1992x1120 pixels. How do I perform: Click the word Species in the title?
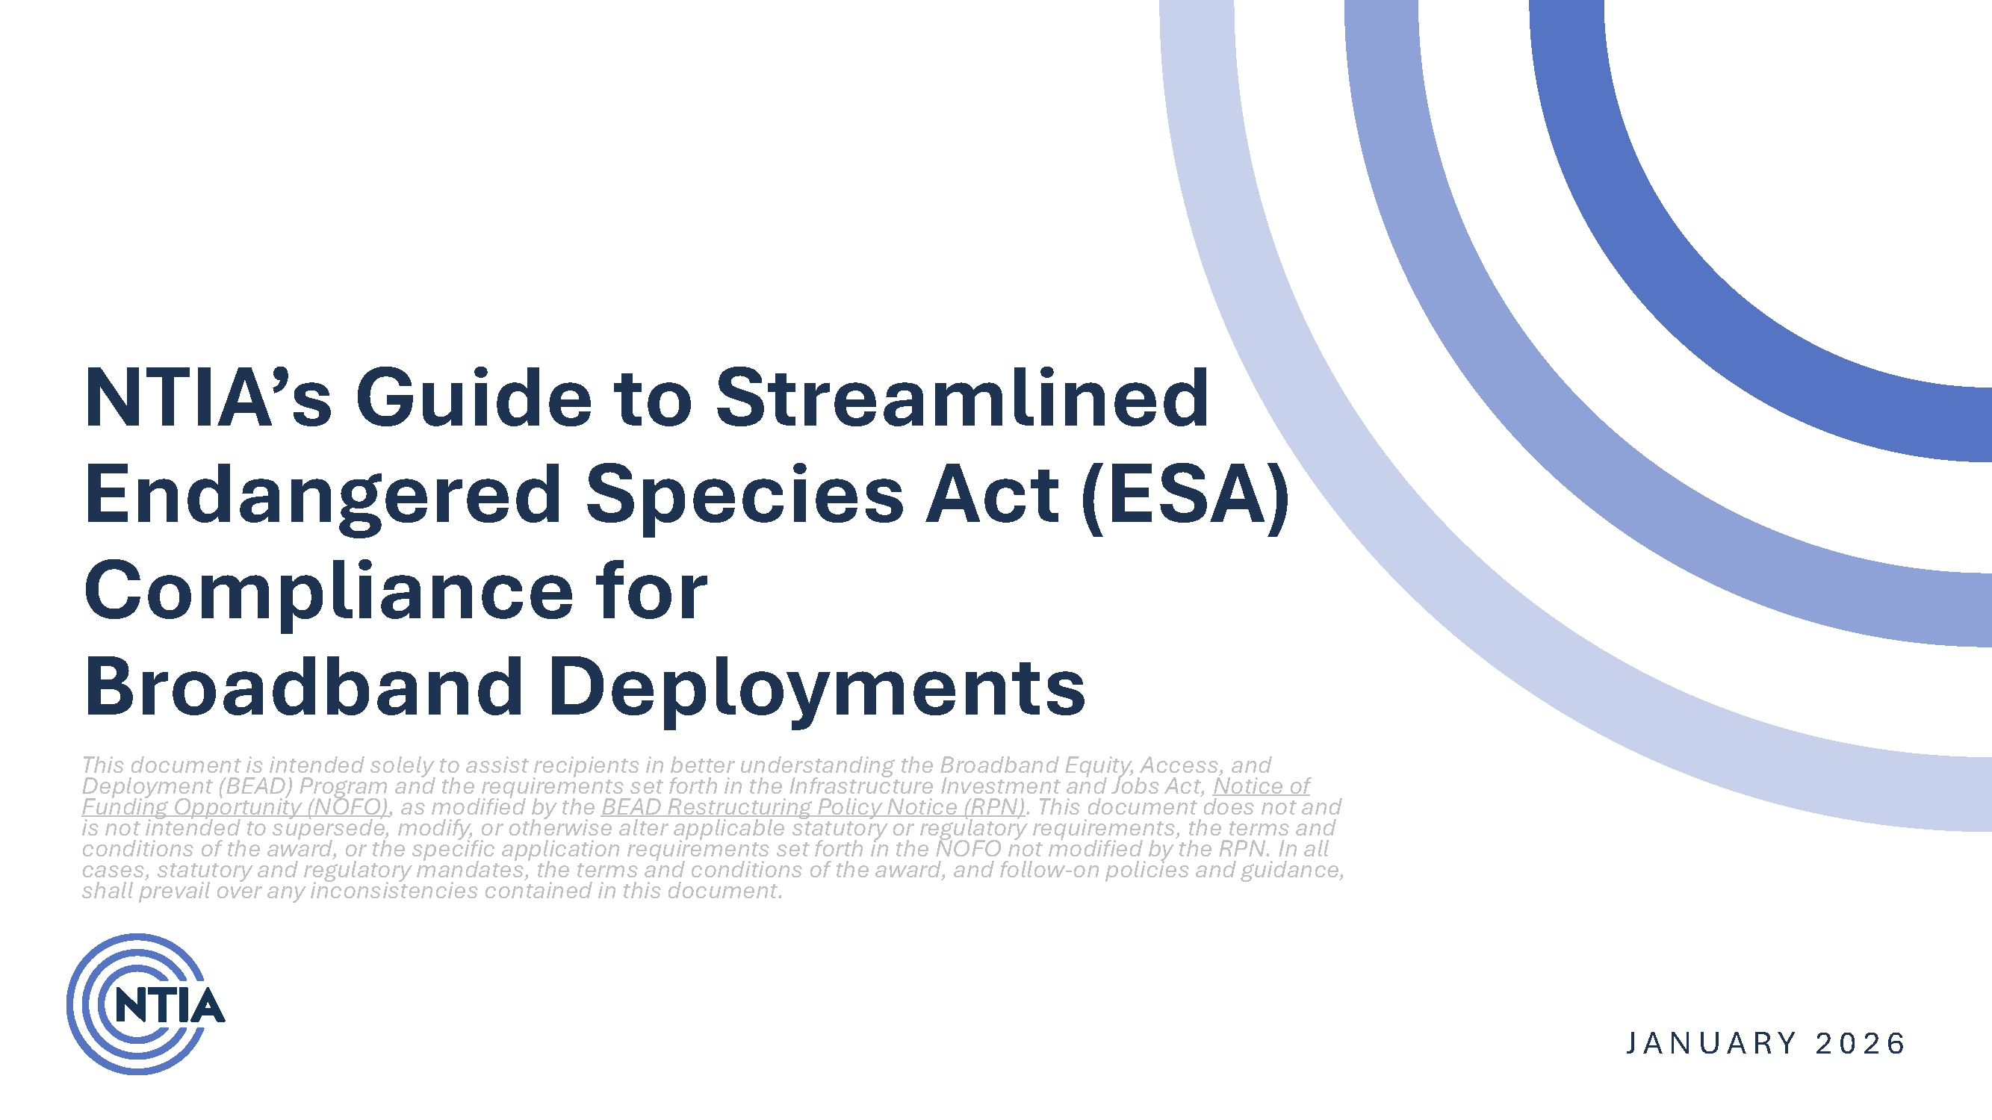coord(744,495)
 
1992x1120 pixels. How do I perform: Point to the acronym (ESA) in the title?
coord(1185,495)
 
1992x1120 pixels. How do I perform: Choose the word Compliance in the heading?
coord(329,591)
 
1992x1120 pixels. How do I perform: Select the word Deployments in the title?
coord(816,686)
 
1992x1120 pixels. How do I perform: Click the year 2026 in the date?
coord(1860,1044)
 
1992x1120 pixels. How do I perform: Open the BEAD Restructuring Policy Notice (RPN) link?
coord(813,807)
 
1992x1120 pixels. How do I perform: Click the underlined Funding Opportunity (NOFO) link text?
coord(235,807)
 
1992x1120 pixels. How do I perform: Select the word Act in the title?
coord(992,495)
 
